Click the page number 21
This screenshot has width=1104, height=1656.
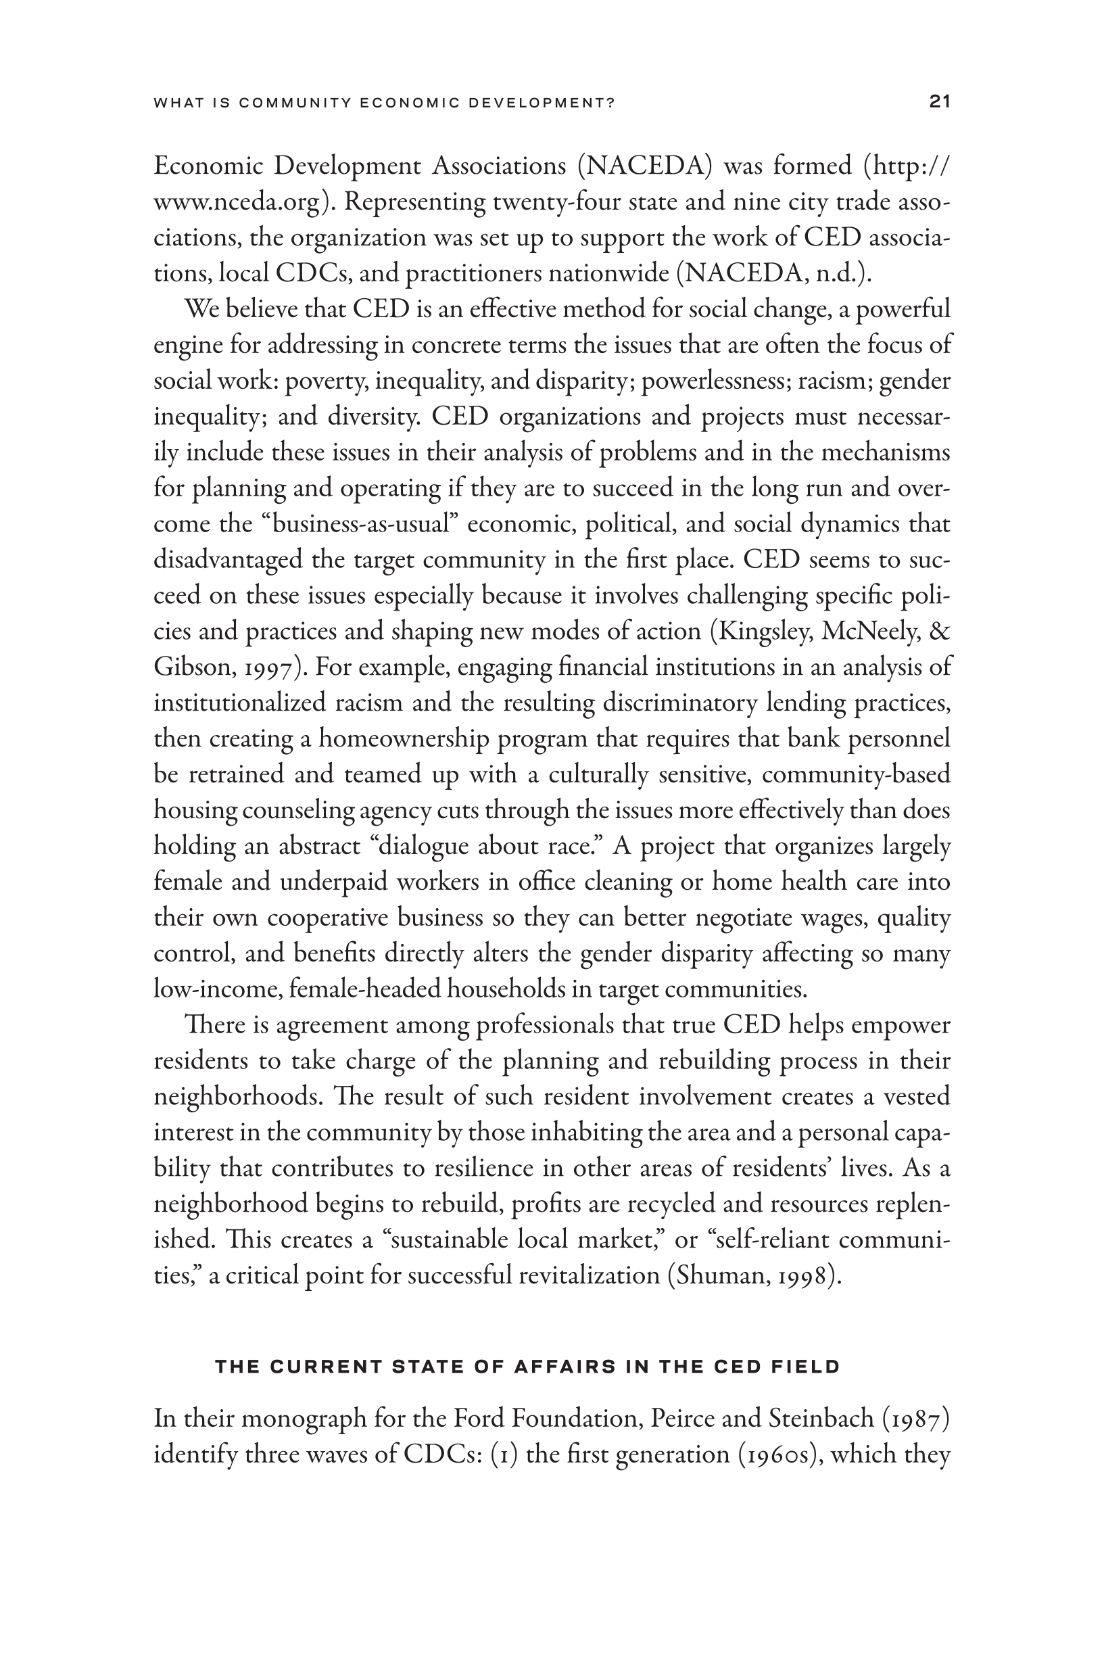pyautogui.click(x=940, y=102)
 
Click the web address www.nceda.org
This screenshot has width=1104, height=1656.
pyautogui.click(x=237, y=202)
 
